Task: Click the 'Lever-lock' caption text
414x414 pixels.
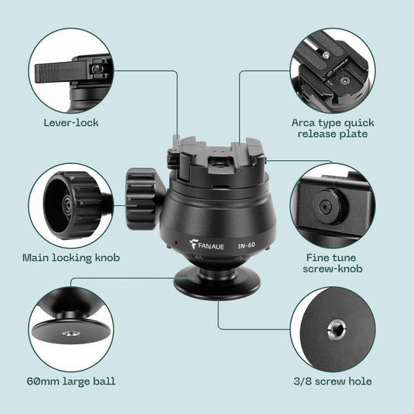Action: click(x=71, y=122)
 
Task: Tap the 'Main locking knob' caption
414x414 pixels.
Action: click(x=71, y=257)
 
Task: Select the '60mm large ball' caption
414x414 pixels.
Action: click(x=72, y=381)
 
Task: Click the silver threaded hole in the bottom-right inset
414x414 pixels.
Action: click(x=338, y=330)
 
